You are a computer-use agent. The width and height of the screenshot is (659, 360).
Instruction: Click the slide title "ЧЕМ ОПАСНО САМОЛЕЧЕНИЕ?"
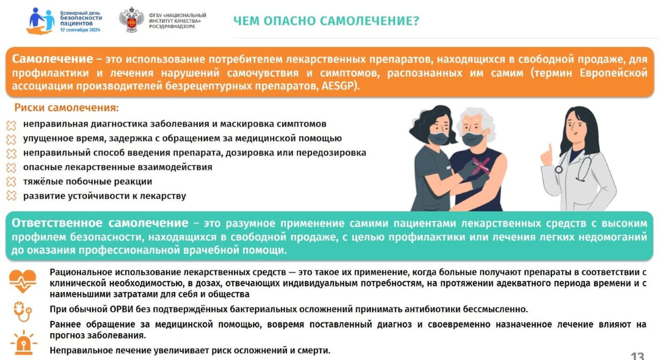coord(326,21)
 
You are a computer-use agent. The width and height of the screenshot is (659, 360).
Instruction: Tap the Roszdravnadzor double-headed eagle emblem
coord(131,20)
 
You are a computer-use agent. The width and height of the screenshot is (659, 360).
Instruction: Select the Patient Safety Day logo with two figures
coord(41,21)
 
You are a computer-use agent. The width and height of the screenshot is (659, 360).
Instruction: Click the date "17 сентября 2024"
coord(80,30)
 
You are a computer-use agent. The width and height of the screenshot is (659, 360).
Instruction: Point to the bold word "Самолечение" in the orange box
coord(53,59)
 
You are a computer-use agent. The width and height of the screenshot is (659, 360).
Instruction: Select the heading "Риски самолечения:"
coord(66,108)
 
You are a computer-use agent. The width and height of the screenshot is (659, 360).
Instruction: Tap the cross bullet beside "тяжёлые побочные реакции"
coord(11,182)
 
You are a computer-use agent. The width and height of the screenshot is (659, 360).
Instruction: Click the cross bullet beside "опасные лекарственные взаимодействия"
coord(11,167)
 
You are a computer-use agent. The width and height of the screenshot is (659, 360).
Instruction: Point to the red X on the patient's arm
coord(481,165)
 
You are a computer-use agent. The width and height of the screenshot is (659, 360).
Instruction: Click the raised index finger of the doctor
coord(549,149)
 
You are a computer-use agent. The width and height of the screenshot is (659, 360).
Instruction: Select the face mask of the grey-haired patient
coord(473,139)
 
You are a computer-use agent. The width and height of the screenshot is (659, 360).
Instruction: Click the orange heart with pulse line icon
coord(23,281)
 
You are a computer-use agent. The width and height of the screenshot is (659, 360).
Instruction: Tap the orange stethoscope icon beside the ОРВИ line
coord(23,312)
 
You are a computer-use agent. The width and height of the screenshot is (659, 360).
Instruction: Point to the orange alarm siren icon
coord(24,343)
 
